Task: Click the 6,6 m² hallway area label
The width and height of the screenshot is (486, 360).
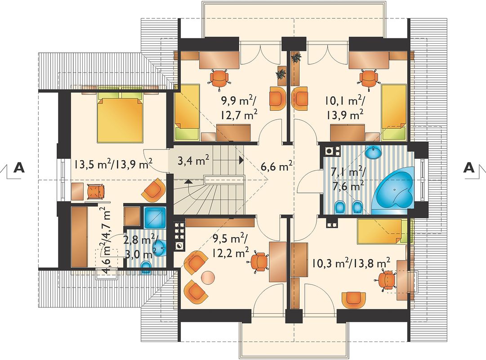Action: point(276,166)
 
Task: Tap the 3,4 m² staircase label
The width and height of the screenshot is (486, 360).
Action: point(193,161)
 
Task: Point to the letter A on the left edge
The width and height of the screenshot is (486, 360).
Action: point(19,167)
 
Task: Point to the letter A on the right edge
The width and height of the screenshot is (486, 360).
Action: point(469,167)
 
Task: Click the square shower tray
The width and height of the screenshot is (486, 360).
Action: point(156,217)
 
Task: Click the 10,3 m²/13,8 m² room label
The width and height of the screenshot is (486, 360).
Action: point(351,263)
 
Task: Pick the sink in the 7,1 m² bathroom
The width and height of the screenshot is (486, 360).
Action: point(375,152)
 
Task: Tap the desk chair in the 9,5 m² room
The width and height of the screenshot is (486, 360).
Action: point(259,262)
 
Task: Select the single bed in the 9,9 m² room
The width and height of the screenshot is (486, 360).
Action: point(187,112)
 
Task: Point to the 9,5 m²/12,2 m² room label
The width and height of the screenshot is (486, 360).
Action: point(230,246)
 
